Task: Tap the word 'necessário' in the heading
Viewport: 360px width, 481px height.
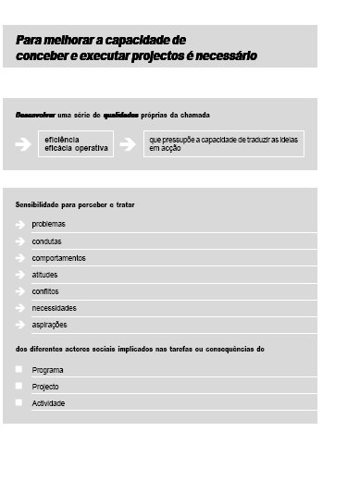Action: tap(225, 56)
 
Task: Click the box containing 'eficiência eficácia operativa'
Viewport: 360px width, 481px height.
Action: tap(75, 143)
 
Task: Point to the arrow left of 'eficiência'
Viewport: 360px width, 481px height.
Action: tap(22, 143)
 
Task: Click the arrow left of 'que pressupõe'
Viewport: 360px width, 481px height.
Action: tap(130, 143)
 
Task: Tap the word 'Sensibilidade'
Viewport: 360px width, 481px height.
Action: tap(38, 203)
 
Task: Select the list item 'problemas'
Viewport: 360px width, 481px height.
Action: tap(49, 224)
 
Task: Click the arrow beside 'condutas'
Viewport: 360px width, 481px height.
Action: tap(20, 241)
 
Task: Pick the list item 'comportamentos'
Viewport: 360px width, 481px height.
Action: tap(58, 258)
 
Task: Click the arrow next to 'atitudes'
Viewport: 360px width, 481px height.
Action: tap(20, 275)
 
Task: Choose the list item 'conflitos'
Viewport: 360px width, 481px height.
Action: tap(45, 291)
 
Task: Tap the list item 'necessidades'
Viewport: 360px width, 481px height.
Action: tap(54, 308)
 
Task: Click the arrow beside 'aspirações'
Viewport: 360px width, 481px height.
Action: tap(20, 325)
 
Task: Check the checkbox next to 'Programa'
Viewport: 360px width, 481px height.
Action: tap(19, 369)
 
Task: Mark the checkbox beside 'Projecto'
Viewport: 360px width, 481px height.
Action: tap(19, 386)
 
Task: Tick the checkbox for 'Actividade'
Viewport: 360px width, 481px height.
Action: tap(19, 402)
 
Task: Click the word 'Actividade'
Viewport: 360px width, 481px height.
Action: tap(48, 403)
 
